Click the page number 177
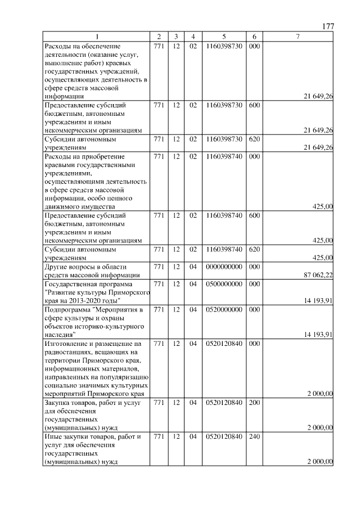pyautogui.click(x=328, y=27)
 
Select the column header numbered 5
pyautogui.click(x=224, y=37)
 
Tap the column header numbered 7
pyautogui.click(x=298, y=37)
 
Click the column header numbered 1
pyautogui.click(x=96, y=37)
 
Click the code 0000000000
pyautogui.click(x=224, y=267)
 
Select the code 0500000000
pyautogui.click(x=224, y=284)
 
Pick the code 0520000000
pyautogui.click(x=224, y=310)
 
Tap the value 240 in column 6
pyautogui.click(x=254, y=436)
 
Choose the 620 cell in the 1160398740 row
pyautogui.click(x=254, y=249)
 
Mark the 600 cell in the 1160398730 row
pyautogui.click(x=254, y=105)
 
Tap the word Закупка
pyautogui.click(x=57, y=403)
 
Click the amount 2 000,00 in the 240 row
pyautogui.click(x=319, y=462)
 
